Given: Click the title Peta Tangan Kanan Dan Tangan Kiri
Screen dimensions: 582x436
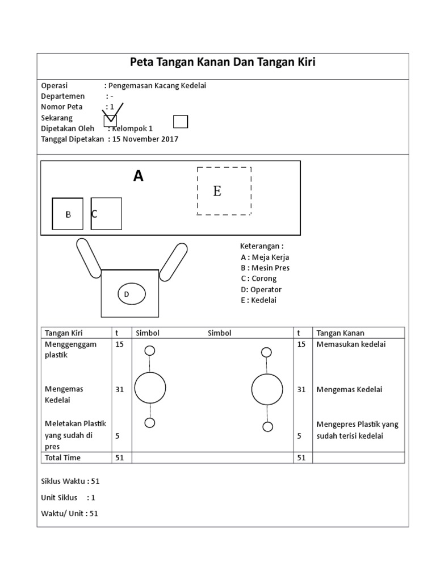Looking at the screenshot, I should (223, 62).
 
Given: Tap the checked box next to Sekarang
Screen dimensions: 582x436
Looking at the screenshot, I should (110, 120).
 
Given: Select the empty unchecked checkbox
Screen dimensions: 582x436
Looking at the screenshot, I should (180, 122).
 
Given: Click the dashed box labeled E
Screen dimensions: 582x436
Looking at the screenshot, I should (224, 191).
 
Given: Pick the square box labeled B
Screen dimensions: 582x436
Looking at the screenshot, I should (68, 214).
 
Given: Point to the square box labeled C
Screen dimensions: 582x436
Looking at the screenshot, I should (106, 214).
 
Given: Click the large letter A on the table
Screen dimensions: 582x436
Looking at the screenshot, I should (138, 176).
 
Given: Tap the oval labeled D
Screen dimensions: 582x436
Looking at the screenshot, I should (131, 294).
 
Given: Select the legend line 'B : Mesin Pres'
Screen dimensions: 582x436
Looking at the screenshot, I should (265, 268).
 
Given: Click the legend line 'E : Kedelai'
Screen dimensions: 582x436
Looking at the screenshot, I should (258, 300).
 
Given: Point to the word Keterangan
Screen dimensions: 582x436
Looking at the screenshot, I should (261, 246).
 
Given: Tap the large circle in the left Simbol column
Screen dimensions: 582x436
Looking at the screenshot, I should (150, 388).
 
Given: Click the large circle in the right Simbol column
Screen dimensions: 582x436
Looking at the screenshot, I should (267, 390).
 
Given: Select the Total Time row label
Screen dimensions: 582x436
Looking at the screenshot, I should (62, 458).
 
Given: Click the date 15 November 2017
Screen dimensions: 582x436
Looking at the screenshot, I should (145, 139).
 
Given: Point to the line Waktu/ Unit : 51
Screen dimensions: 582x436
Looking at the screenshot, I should (70, 513).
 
